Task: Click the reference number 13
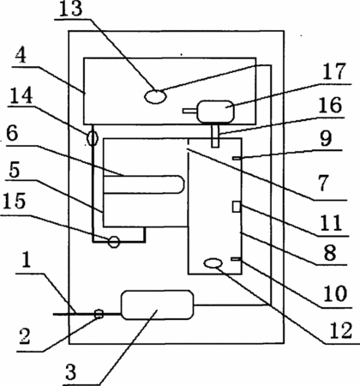(71, 9)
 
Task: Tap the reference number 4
(21, 57)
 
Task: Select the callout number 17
(334, 71)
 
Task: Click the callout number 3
(70, 371)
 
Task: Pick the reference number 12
(340, 331)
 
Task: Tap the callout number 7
(323, 183)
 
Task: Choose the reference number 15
(15, 201)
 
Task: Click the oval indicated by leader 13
(155, 96)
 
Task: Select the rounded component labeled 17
(216, 112)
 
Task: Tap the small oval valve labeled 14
(93, 139)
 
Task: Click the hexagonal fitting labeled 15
(114, 242)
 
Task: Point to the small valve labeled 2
(99, 314)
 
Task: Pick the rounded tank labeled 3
(158, 305)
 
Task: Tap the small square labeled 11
(237, 207)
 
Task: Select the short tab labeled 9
(237, 158)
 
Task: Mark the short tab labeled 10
(237, 259)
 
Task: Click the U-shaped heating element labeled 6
(144, 184)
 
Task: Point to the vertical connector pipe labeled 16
(215, 135)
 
